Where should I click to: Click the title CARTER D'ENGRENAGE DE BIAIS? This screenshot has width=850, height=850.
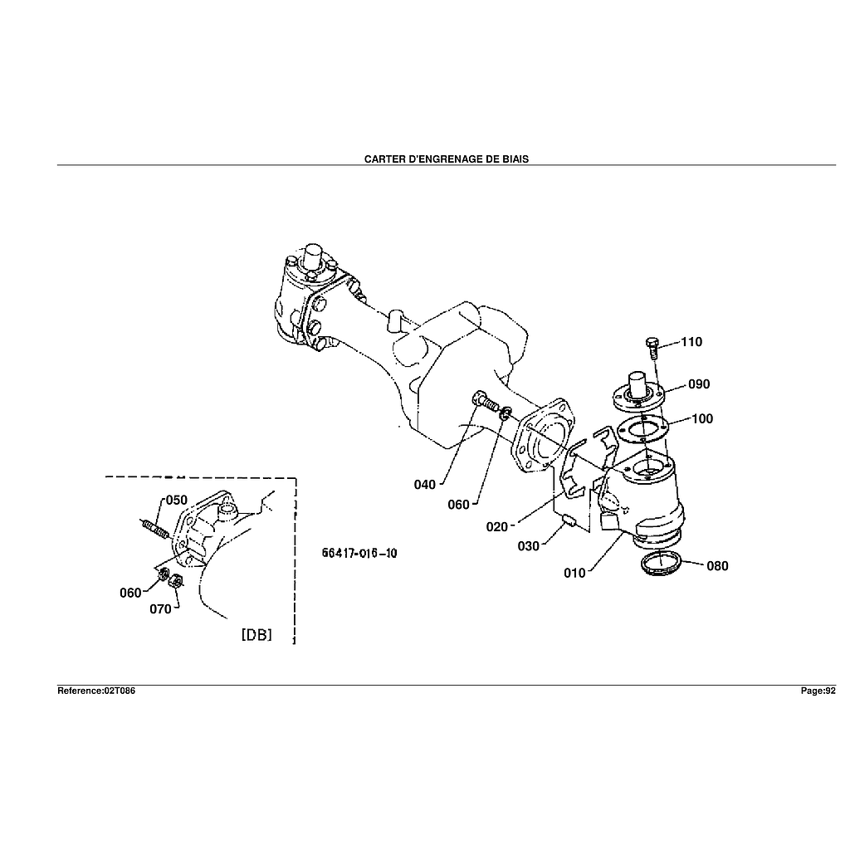tap(446, 159)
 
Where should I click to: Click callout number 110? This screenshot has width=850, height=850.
tap(691, 342)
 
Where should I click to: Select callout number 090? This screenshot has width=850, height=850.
tap(698, 384)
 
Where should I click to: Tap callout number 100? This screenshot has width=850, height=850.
tap(701, 418)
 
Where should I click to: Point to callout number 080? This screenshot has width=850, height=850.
tap(717, 566)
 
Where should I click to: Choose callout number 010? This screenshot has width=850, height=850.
tap(575, 572)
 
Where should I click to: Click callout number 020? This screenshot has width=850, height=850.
tap(497, 525)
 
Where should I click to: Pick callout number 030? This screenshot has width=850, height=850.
tap(528, 545)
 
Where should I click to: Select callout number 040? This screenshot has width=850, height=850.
tap(424, 484)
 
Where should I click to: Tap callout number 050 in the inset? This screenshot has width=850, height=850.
tap(176, 500)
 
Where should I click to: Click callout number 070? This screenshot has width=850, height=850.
tap(160, 609)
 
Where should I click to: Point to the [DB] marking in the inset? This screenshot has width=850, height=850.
tap(256, 635)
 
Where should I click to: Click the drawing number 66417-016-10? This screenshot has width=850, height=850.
tap(359, 554)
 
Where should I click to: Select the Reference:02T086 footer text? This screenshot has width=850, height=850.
tap(95, 691)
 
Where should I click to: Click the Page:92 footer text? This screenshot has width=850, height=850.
tap(818, 691)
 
